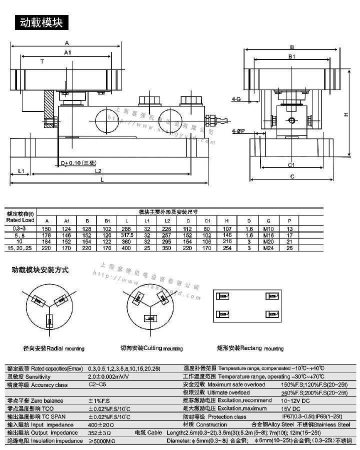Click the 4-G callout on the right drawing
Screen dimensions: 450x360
click(236, 100)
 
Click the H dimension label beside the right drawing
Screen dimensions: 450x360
click(345, 114)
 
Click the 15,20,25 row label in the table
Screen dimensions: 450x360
click(20, 247)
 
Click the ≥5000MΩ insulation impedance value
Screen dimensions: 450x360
click(101, 441)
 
